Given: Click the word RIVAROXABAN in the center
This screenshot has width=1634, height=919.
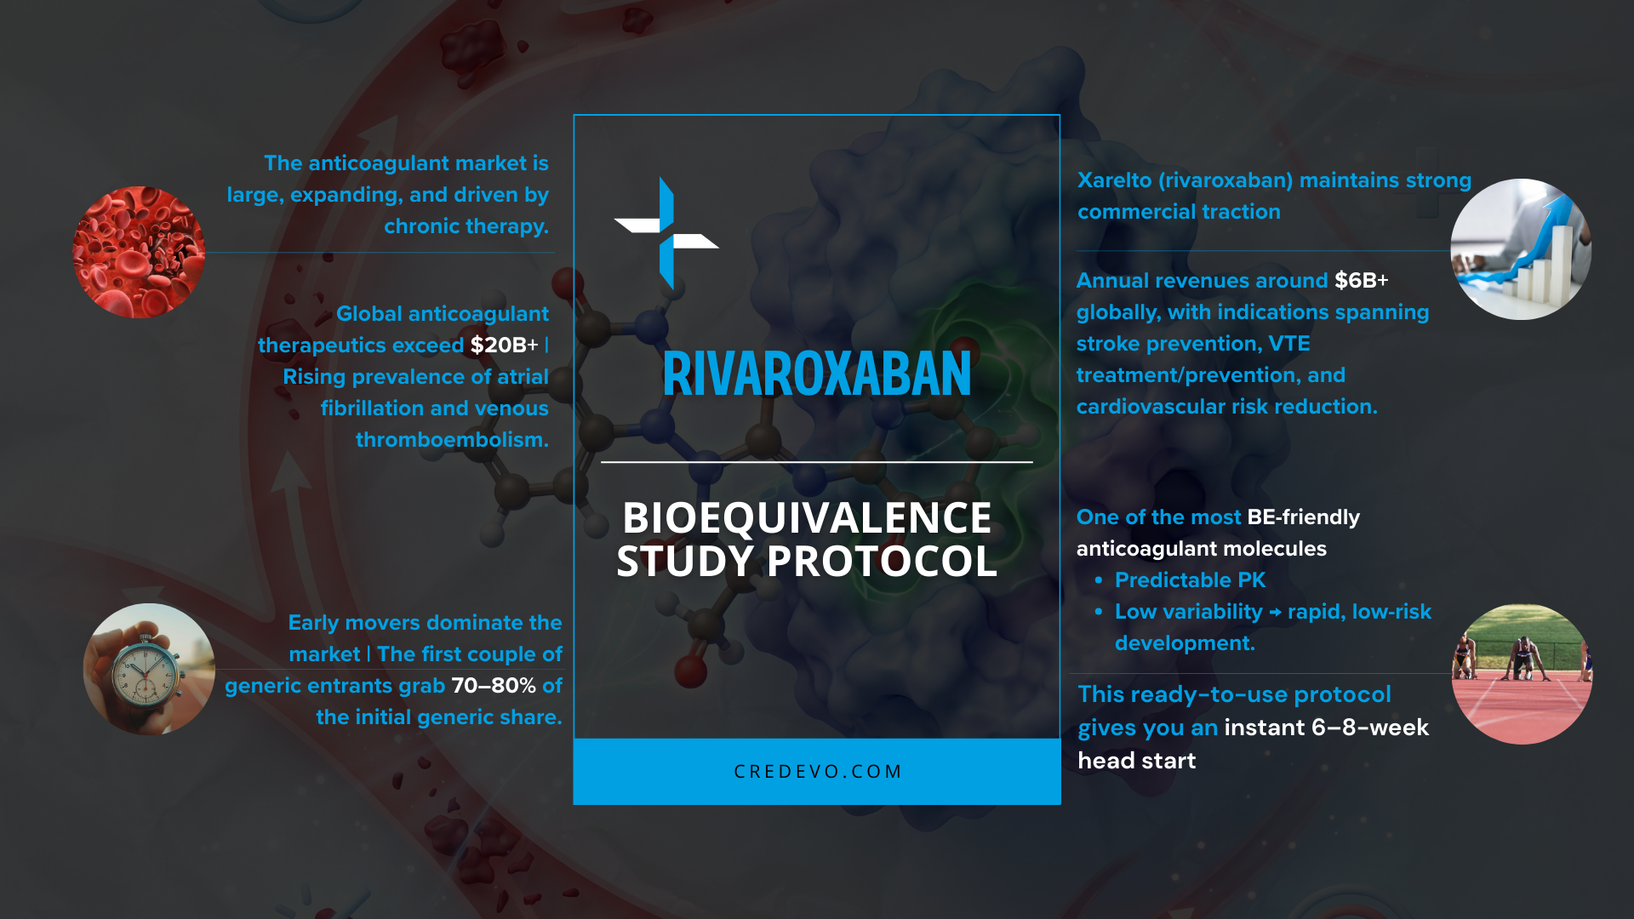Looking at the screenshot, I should [x=816, y=374].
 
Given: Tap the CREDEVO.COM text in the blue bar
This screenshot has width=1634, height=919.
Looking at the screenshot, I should [x=817, y=772].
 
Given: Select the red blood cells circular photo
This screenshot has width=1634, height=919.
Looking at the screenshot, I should [x=139, y=252].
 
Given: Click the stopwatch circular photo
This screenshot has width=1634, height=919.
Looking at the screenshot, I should [x=149, y=669].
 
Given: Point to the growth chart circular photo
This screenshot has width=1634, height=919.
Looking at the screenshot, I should [x=1521, y=249].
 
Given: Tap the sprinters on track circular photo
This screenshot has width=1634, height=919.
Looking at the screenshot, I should [x=1522, y=674].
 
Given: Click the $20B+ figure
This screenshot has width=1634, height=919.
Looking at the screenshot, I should [x=504, y=345].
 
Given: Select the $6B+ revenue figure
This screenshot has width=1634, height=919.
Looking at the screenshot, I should [x=1361, y=281].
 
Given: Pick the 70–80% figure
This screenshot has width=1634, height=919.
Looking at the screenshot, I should [x=494, y=686].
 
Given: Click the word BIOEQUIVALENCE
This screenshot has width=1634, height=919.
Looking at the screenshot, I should [x=807, y=517].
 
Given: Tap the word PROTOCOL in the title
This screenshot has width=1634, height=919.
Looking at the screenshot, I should [x=882, y=562].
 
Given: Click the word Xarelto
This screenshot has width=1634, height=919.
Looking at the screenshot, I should [x=1114, y=180].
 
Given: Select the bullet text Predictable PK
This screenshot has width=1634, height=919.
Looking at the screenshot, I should [x=1190, y=580].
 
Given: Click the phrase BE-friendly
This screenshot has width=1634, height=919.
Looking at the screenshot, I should [x=1303, y=517].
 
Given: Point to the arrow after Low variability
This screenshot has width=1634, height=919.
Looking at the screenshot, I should [x=1275, y=613].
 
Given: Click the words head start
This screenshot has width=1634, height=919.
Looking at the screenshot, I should [x=1136, y=761].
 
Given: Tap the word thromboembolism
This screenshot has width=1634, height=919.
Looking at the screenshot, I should [x=452, y=440].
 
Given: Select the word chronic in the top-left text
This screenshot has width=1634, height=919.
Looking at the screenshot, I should [x=413, y=226].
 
